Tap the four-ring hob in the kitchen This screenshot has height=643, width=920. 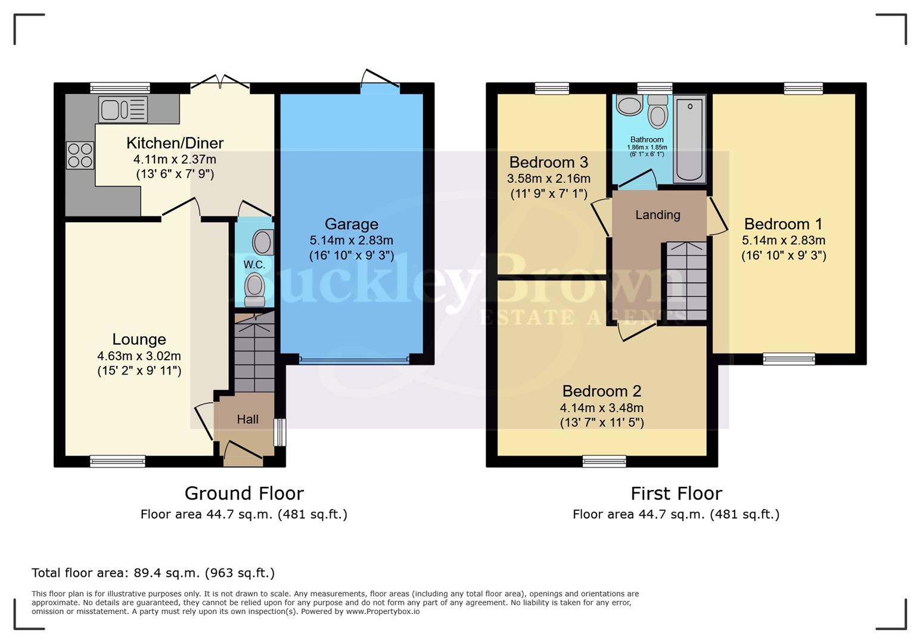click(80, 155)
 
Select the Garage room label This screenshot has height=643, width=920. click(351, 224)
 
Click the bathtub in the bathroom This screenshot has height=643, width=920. click(689, 138)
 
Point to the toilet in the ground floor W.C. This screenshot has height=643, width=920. click(255, 287)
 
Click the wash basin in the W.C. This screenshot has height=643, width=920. click(262, 242)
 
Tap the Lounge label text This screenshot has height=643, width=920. click(139, 339)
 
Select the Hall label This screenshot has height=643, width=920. click(247, 419)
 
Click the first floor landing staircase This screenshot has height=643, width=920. click(686, 281)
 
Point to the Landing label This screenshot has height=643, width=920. click(657, 215)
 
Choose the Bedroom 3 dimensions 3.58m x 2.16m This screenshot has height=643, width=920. click(548, 179)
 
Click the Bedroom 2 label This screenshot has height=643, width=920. click(601, 391)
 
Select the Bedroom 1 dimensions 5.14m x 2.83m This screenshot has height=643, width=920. click(783, 241)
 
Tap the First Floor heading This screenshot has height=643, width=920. click(676, 493)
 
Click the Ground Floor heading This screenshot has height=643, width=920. click(244, 493)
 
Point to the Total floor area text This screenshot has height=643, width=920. click(153, 573)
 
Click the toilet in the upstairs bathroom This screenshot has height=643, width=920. click(657, 111)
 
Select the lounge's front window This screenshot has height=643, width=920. click(117, 461)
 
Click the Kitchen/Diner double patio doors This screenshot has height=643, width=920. click(220, 87)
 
